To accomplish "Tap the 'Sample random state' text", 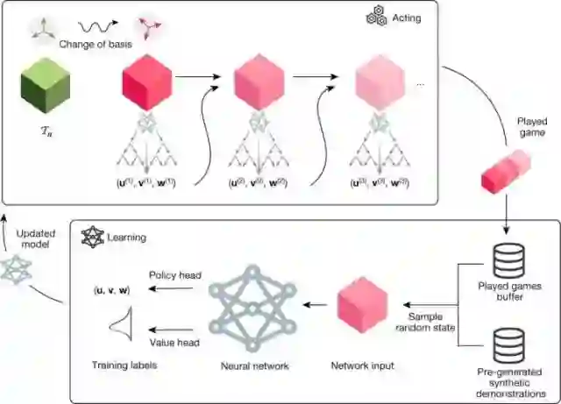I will coord(430,322).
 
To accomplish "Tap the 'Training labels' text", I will coord(124,365).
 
